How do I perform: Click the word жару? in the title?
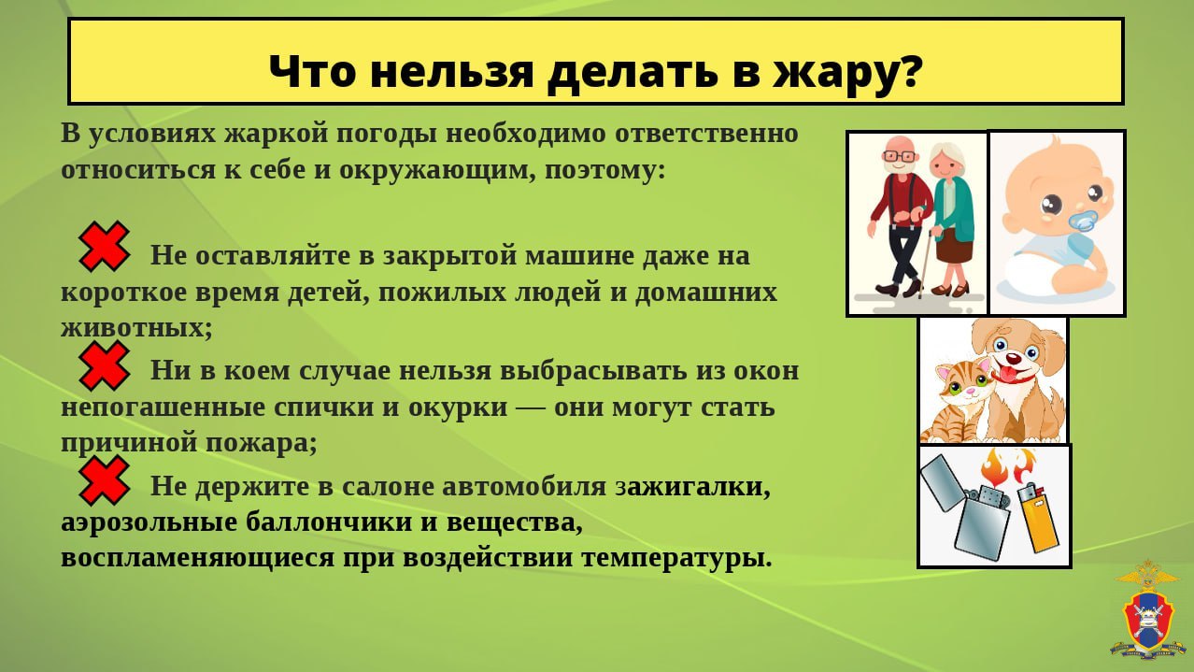coord(846,73)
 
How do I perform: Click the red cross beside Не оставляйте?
coord(104,247)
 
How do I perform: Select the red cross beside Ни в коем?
coord(104,365)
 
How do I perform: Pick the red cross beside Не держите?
coord(104,480)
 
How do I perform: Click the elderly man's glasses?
coord(901,156)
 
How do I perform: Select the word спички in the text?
coord(334,407)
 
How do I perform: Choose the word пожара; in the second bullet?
coord(262,443)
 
